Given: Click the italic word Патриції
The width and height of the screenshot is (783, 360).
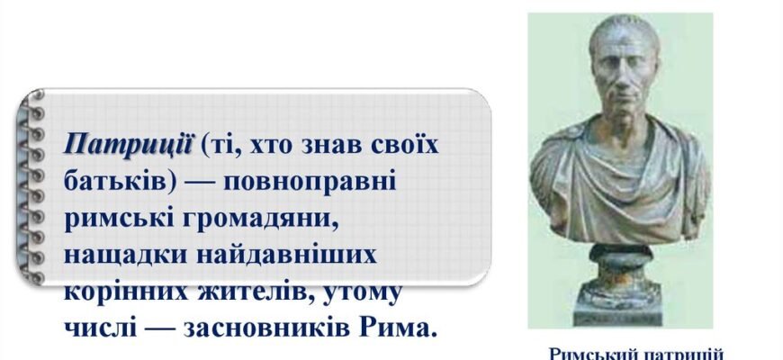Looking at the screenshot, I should pos(129,143).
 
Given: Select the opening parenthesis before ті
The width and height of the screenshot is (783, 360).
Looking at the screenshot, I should pos(205,144).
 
